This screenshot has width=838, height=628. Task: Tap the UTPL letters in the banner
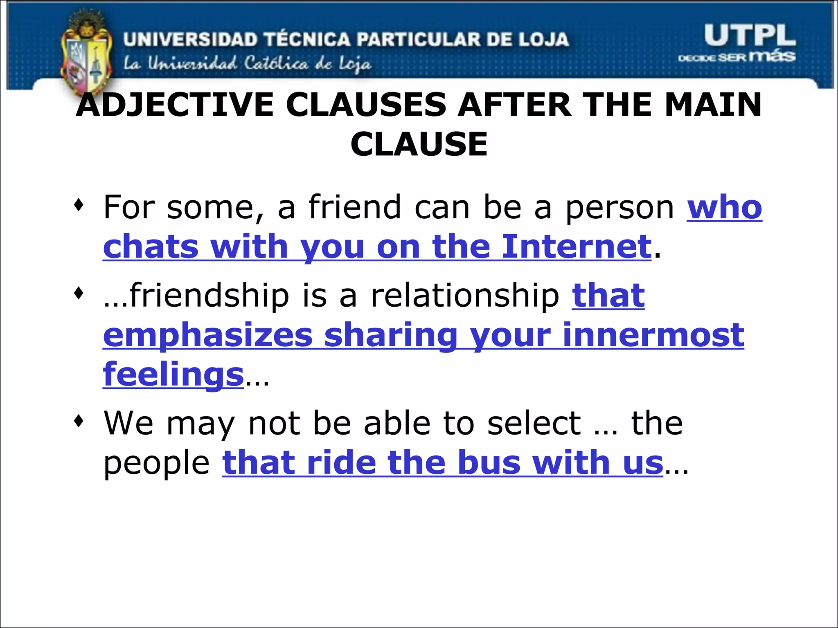[750, 36]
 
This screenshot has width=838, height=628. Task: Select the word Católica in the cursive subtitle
[276, 64]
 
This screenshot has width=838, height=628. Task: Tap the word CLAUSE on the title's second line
[419, 144]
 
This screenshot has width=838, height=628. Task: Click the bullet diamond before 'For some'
[79, 204]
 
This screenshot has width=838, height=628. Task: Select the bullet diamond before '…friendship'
[79, 293]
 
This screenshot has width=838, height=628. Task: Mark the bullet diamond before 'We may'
[79, 420]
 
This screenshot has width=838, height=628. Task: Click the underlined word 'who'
[724, 208]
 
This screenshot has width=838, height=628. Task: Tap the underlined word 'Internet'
[577, 247]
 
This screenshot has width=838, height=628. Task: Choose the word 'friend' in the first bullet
[355, 208]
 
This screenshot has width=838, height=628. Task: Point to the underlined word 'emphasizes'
[208, 335]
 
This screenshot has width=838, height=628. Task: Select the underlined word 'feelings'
[173, 375]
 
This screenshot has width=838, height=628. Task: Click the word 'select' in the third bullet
[534, 423]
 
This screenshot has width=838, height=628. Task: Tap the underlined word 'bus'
[489, 462]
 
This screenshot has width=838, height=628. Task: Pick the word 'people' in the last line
[156, 463]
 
